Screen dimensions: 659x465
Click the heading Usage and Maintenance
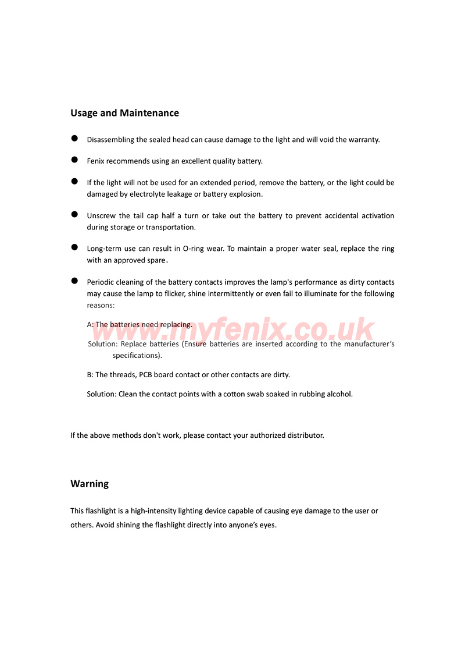click(x=124, y=113)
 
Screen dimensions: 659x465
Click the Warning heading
click(x=90, y=484)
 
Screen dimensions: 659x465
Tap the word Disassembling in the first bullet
click(x=110, y=140)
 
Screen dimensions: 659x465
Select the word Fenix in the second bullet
click(x=95, y=161)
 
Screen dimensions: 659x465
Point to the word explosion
click(x=245, y=194)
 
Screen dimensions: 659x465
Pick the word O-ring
click(x=194, y=249)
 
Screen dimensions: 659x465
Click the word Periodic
click(x=101, y=282)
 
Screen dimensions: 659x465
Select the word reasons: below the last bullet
click(x=101, y=305)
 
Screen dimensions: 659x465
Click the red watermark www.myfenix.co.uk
click(x=233, y=331)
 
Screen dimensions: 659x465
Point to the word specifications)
click(x=137, y=355)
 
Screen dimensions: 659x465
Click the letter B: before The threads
click(x=90, y=375)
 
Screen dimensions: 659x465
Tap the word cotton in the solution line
click(x=234, y=394)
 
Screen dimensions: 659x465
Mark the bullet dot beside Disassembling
click(x=74, y=138)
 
